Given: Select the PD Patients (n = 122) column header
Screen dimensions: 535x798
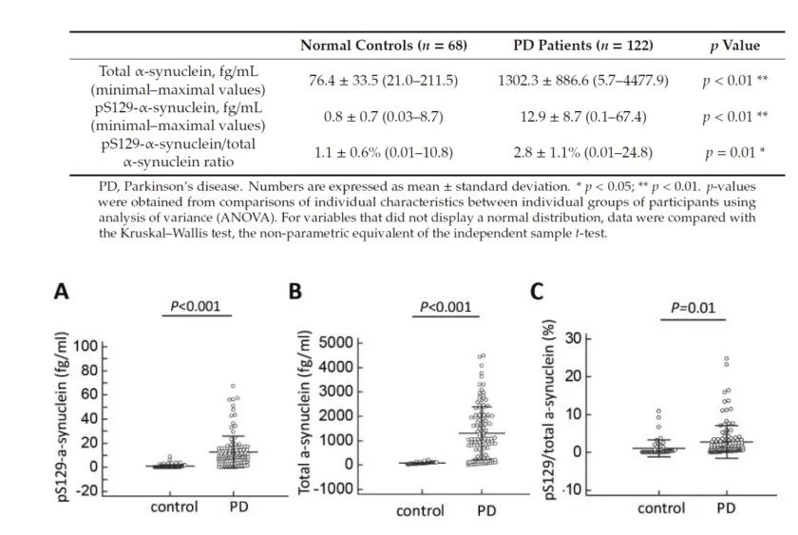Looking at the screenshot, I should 569,46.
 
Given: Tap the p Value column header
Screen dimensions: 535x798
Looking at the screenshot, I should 734,46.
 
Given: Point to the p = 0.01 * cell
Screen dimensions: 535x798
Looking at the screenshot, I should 734,152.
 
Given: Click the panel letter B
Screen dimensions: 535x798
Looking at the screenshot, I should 295,291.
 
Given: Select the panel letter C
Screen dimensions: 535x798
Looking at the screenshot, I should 538,292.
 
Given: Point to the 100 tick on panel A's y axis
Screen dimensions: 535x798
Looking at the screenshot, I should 85,345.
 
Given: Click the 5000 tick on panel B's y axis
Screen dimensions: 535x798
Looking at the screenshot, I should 339,342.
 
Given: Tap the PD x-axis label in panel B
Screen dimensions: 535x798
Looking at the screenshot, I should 485,510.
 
